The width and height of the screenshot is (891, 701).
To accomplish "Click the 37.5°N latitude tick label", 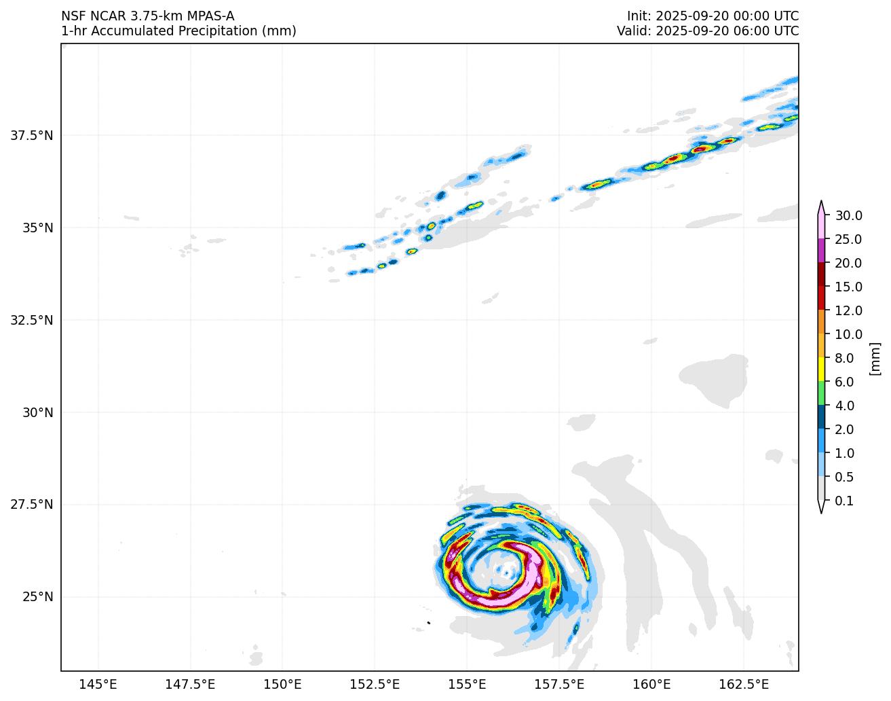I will [x=31, y=135].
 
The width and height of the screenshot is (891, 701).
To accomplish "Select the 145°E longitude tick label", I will [x=98, y=683].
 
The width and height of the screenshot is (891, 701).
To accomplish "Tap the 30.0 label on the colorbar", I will [x=848, y=216].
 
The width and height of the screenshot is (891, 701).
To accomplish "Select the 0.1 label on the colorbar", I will [x=844, y=501].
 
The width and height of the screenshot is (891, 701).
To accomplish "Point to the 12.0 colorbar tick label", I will [x=848, y=311].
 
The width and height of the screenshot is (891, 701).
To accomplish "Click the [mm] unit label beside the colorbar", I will [x=875, y=358].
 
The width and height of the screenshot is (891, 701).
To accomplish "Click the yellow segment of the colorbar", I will [x=821, y=370].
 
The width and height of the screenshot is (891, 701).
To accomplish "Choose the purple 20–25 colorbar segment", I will [x=821, y=251].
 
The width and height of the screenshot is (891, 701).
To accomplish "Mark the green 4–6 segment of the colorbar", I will [x=821, y=393].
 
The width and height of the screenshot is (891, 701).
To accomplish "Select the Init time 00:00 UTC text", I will [x=753, y=16].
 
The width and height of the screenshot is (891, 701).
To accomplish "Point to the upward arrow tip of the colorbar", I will [x=821, y=203].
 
